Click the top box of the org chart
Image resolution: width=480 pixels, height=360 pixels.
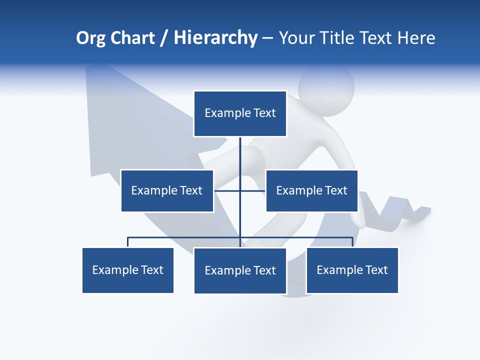(240, 113)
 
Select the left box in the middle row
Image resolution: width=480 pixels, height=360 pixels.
(167, 190)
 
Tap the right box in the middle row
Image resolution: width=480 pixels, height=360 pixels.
(311, 190)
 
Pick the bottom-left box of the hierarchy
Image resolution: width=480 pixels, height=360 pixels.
(128, 270)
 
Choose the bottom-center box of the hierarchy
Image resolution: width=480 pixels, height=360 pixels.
(240, 270)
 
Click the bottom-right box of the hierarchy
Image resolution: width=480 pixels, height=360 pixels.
(352, 270)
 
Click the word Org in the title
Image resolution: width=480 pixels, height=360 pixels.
(90, 38)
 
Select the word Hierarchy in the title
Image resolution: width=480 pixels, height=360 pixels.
(215, 38)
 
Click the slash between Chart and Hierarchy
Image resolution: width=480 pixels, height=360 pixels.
(164, 38)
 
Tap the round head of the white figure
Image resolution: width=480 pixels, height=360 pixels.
(326, 88)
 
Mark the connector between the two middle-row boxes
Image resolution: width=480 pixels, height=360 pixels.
(252, 190)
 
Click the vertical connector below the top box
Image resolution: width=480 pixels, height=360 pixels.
(240, 152)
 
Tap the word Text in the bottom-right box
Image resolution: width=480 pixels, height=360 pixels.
(377, 270)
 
